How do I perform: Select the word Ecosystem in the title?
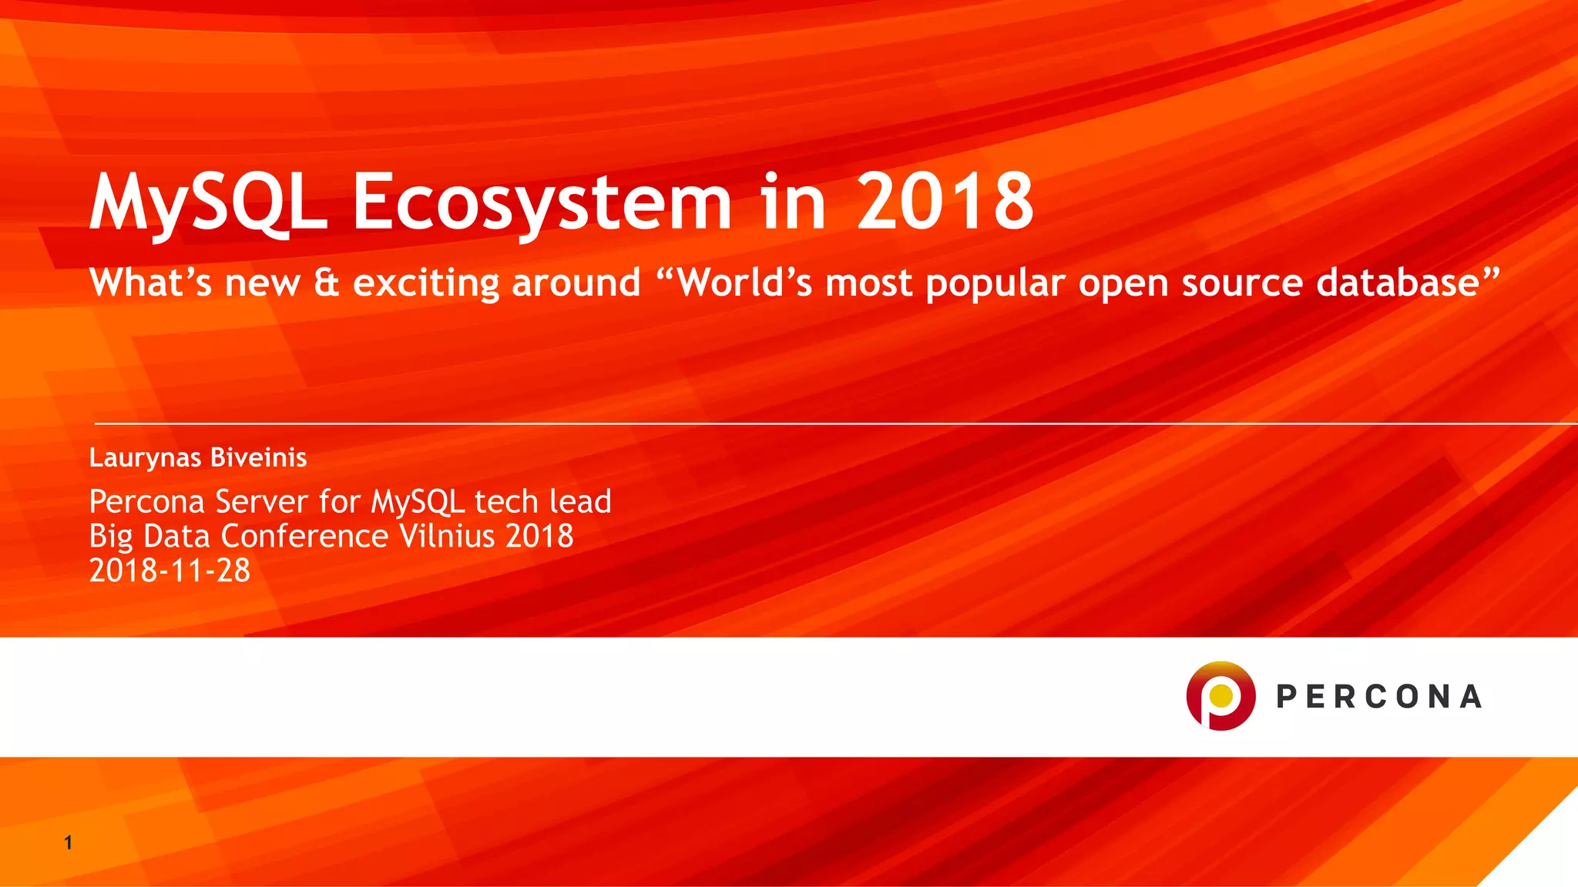(542, 202)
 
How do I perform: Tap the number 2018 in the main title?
(945, 202)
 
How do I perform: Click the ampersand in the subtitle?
(327, 283)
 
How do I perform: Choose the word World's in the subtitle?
(744, 283)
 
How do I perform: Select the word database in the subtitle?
(1398, 283)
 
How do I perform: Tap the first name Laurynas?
(145, 458)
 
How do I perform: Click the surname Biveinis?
(259, 457)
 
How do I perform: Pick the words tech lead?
(542, 502)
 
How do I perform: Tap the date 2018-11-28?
(170, 571)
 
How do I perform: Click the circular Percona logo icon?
(1220, 695)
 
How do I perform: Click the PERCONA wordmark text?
(1378, 697)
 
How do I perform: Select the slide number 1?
(69, 842)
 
